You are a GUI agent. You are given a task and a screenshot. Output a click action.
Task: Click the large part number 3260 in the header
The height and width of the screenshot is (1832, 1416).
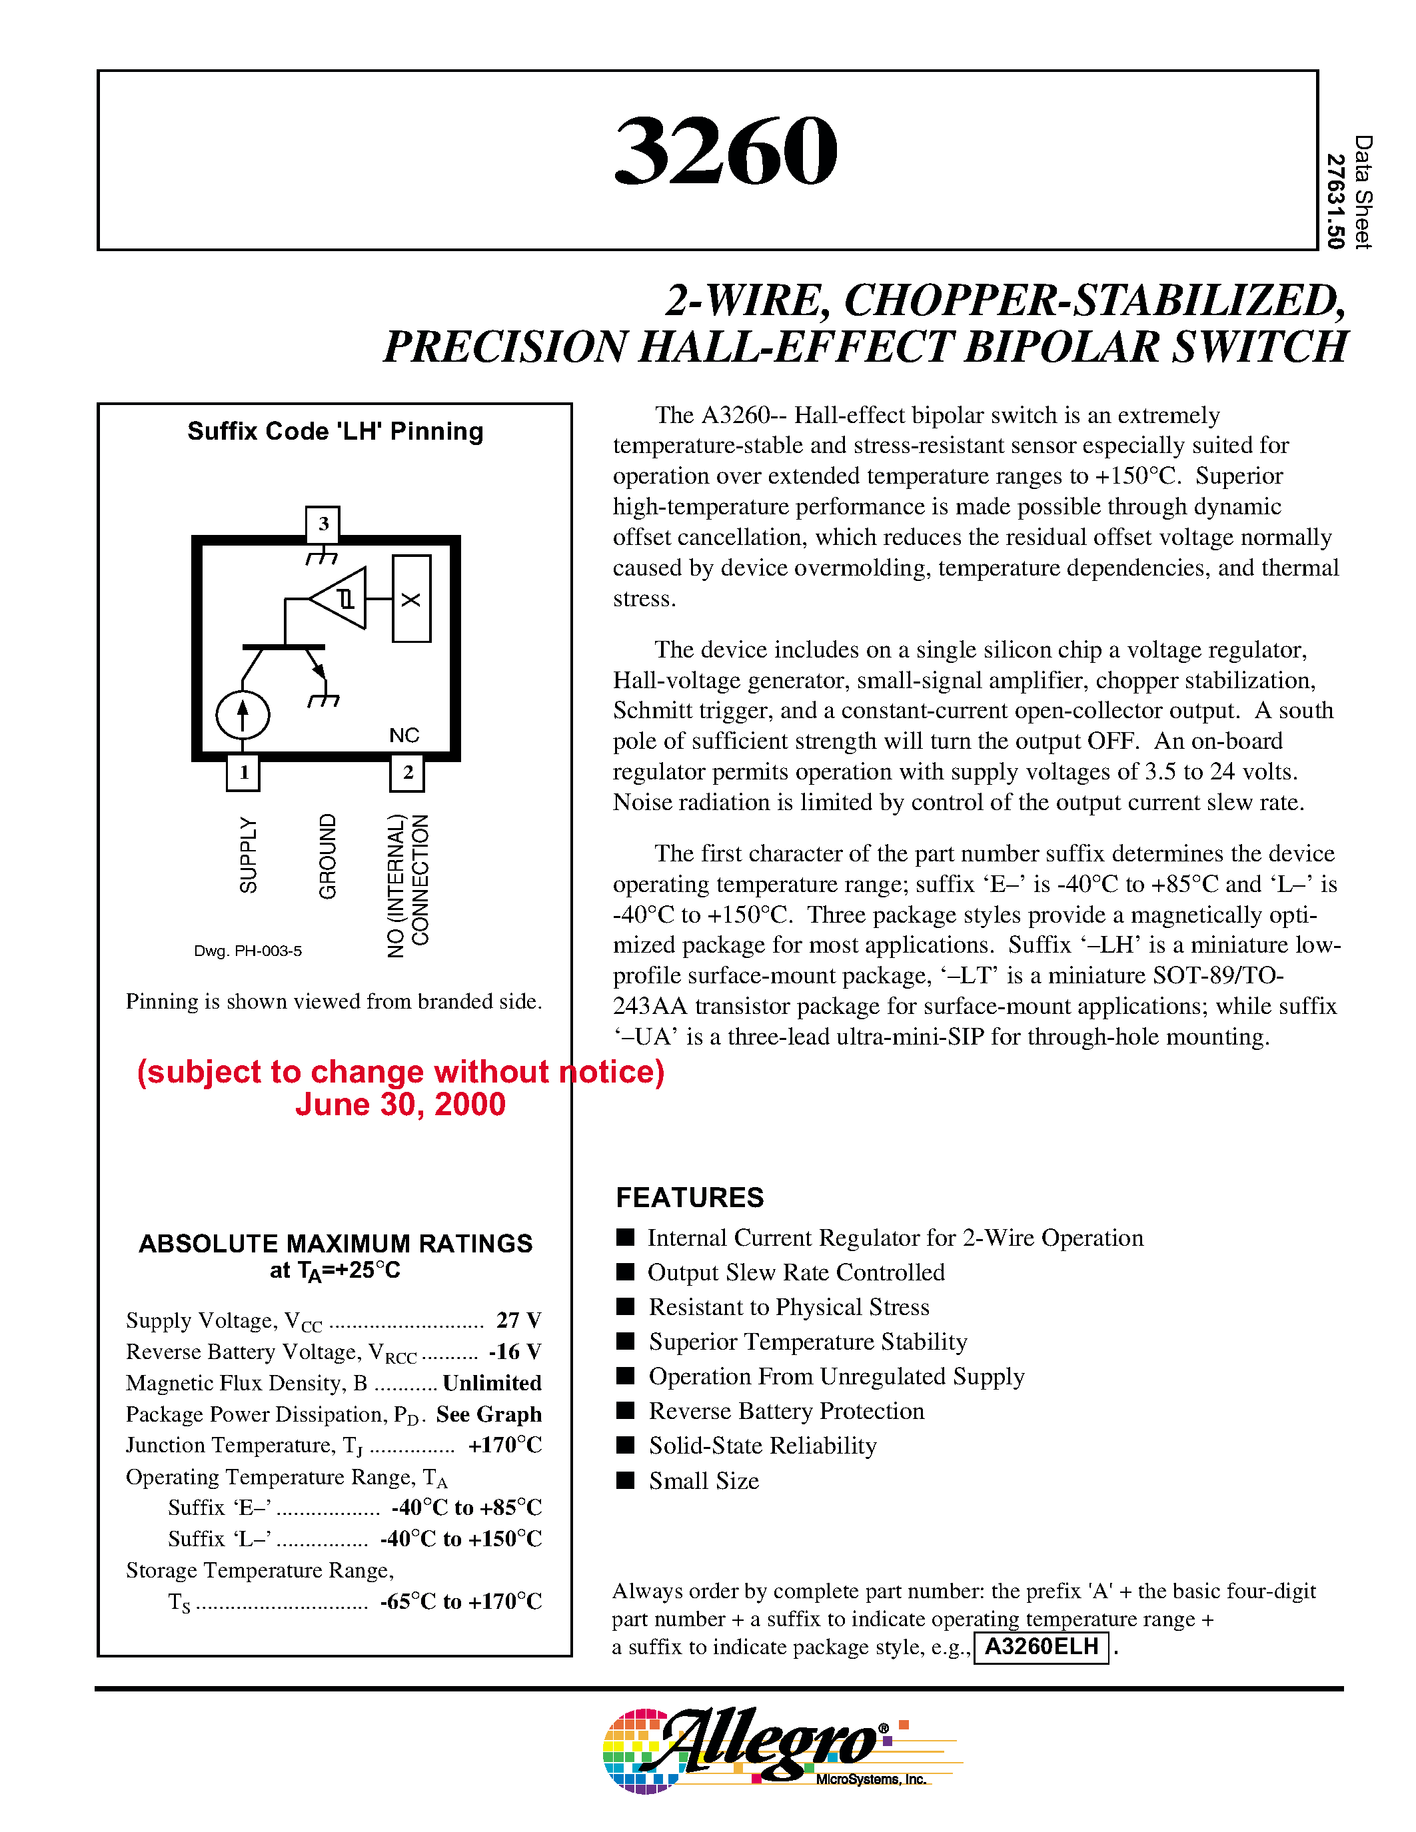pos(726,152)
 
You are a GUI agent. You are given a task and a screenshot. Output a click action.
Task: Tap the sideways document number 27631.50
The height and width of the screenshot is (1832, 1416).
pos(1335,201)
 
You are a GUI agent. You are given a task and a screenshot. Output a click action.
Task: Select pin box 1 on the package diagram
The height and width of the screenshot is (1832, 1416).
pos(243,771)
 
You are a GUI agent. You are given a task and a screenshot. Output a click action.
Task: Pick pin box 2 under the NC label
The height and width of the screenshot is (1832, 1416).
pos(407,771)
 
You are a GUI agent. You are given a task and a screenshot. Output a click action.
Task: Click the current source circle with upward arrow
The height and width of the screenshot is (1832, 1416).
pos(243,715)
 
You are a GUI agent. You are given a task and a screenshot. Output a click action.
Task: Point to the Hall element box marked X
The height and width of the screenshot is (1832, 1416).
pos(411,599)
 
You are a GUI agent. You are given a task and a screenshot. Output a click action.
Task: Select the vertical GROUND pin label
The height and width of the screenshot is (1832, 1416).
pos(327,855)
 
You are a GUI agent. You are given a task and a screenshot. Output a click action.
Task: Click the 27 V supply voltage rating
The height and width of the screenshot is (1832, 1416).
pos(518,1320)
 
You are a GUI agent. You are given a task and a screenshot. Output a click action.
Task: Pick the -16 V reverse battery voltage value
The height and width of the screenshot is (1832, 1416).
pos(515,1352)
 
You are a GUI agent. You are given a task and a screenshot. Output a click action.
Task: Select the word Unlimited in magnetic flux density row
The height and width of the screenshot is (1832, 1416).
pos(492,1382)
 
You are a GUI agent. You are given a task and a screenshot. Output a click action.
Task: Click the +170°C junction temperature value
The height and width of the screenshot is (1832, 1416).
pos(504,1444)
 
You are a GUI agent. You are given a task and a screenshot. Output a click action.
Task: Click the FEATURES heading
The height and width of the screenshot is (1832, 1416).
pos(690,1197)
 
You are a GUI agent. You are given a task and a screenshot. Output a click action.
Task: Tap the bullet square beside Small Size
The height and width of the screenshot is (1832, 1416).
pos(625,1480)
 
